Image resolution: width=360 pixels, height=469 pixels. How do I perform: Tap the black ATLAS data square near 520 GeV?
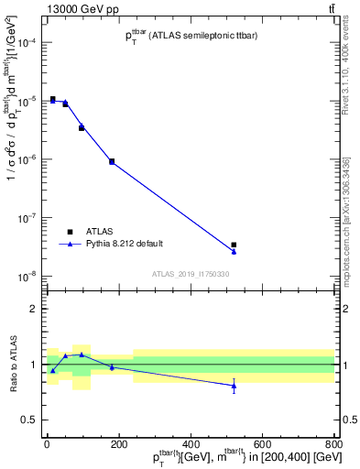234,245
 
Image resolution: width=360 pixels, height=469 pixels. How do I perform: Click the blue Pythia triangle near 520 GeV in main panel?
234,252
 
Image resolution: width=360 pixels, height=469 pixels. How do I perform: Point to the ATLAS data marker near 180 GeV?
112,161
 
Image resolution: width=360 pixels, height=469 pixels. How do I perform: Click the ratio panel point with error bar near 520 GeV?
234,386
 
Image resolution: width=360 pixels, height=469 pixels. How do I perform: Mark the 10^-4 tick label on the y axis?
27,43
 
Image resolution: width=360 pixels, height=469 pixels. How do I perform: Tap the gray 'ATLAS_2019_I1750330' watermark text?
191,274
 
